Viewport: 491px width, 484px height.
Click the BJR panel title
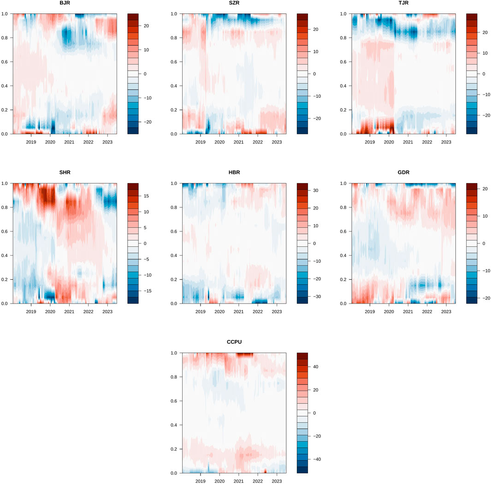pyautogui.click(x=65, y=4)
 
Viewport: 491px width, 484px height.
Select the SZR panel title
pyautogui.click(x=234, y=4)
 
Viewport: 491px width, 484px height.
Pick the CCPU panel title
pyautogui.click(x=234, y=343)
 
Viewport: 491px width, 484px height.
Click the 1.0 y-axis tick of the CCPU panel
pyautogui.click(x=173, y=353)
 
